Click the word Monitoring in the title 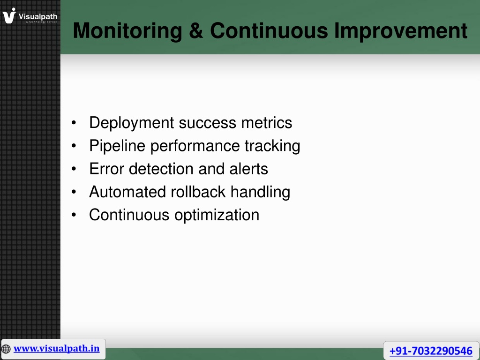[127, 31]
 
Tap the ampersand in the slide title [196, 30]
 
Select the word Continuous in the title [269, 30]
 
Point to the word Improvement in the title [401, 31]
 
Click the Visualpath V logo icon [9, 15]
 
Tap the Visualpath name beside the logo [37, 16]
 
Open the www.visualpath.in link [56, 349]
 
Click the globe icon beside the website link [6, 349]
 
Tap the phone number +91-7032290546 [431, 351]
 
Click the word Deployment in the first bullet [132, 123]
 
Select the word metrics [267, 123]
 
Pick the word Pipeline [117, 146]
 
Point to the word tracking [272, 146]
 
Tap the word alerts [248, 169]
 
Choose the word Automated [127, 192]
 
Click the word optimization [217, 215]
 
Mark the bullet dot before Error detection [74, 169]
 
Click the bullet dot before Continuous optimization [74, 215]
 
